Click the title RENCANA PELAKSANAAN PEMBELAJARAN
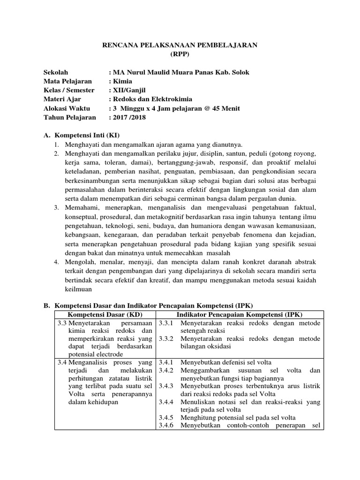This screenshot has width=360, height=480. coord(180,45)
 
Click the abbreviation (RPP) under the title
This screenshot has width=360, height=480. coord(180,54)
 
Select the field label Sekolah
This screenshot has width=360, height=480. coord(56,72)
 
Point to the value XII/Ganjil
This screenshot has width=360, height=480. coord(130,90)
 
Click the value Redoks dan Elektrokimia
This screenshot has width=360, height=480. coord(152,99)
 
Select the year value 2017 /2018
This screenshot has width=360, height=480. coord(129,117)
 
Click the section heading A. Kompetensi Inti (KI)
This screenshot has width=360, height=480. coord(82,135)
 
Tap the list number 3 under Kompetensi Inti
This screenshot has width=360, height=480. coord(56,207)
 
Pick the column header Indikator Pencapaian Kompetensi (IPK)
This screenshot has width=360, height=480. coord(240,314)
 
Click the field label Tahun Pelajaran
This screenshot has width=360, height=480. coord(69,117)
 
